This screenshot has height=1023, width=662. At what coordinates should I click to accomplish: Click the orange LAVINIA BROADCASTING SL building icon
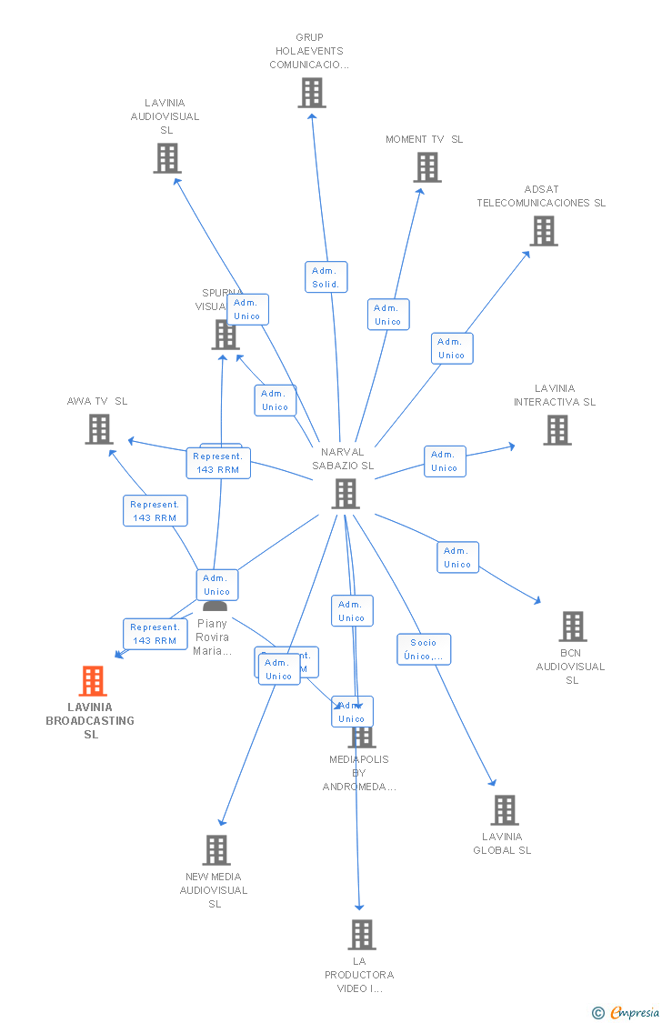click(x=92, y=681)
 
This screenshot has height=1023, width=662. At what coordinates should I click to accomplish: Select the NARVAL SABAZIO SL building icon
click(x=346, y=494)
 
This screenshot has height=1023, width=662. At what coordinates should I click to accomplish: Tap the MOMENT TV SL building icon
click(x=427, y=167)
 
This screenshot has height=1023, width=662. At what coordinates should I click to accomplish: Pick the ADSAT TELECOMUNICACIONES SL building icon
click(x=544, y=231)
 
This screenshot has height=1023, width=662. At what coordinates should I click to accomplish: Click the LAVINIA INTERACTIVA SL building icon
click(x=557, y=430)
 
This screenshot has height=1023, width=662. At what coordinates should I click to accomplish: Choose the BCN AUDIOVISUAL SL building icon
click(x=573, y=627)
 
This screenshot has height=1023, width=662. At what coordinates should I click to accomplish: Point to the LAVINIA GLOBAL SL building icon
click(x=504, y=810)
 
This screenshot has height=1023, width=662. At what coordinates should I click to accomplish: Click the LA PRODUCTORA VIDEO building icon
click(x=362, y=935)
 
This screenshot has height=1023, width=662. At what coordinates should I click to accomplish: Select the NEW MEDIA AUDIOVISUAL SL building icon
click(x=216, y=850)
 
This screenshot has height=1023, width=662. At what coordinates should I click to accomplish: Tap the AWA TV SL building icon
click(x=98, y=429)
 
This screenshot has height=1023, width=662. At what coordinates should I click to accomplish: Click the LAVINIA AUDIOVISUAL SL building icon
click(x=167, y=158)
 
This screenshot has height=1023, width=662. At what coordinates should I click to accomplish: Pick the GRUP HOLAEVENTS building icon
click(x=312, y=93)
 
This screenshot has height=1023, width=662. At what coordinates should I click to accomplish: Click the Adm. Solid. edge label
click(x=326, y=277)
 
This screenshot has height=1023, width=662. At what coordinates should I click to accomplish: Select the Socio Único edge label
click(x=424, y=649)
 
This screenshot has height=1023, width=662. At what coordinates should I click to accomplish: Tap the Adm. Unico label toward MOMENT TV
click(x=388, y=315)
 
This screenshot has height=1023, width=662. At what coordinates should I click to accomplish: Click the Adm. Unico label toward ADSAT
click(x=452, y=348)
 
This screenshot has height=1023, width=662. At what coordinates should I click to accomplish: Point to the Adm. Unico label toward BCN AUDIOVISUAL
click(x=457, y=557)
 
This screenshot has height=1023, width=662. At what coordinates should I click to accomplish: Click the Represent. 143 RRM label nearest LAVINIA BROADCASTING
click(x=155, y=634)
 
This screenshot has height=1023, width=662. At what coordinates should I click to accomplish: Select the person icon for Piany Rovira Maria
click(x=215, y=607)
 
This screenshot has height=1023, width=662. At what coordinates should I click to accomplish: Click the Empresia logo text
click(x=634, y=1013)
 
